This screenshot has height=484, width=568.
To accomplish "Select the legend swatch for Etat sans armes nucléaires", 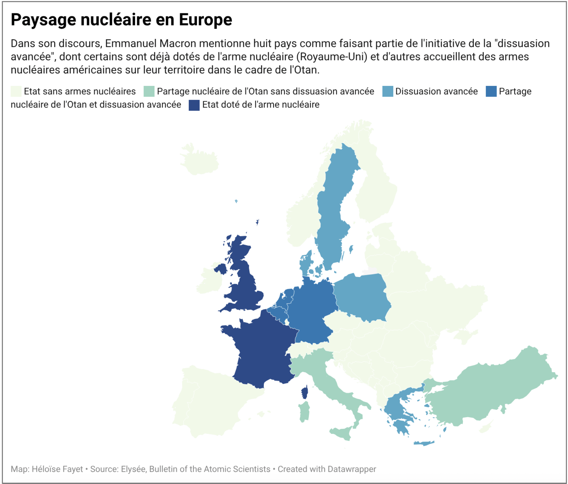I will (x=16, y=91).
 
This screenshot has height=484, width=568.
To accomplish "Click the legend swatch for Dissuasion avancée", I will (x=387, y=91).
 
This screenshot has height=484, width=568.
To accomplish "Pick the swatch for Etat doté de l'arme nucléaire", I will (x=194, y=105).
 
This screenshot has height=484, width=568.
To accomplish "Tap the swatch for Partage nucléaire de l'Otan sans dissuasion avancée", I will (x=149, y=91).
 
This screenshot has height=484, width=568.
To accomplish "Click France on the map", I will (x=260, y=350).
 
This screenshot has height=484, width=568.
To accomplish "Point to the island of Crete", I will (x=424, y=443).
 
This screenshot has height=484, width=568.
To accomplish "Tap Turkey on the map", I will (x=493, y=389).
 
